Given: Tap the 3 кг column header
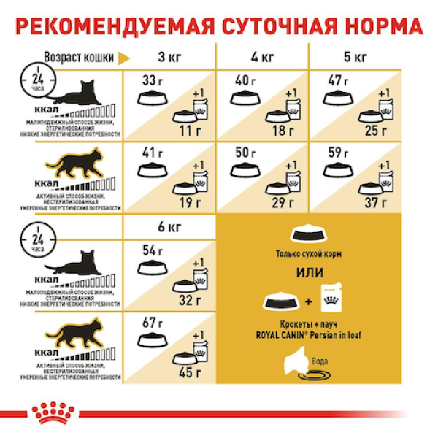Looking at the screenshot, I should [x=171, y=56].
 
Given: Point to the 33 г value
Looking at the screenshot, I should [x=150, y=80].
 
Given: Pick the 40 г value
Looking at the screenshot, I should [x=245, y=80].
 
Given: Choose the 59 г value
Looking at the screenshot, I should [x=339, y=153].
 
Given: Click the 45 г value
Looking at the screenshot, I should [x=188, y=374].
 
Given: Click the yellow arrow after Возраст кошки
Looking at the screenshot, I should [x=125, y=58].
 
